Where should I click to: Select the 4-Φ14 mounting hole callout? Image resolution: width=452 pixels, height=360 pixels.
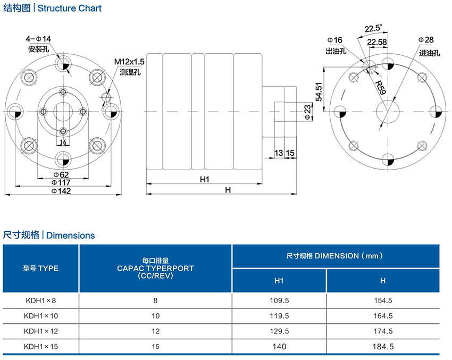coord(39,39)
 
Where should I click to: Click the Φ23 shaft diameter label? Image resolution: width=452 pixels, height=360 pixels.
coord(307,111)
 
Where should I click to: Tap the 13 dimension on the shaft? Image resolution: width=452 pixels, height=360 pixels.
coord(279,153)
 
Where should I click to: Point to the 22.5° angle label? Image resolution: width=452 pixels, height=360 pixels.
coord(373,28)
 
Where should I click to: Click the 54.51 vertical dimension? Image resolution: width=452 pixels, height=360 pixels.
coord(318,91)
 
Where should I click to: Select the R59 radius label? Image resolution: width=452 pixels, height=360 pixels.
coord(380,87)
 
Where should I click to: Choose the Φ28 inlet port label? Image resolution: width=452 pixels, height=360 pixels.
coord(426,40)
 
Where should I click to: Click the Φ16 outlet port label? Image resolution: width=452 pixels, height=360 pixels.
coord(334,40)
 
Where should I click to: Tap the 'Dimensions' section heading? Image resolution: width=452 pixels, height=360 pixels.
coord(71,235)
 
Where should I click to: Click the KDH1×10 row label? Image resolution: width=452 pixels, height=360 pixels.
coord(40,315)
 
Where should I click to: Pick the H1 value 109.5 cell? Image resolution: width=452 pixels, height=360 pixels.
coord(279,300)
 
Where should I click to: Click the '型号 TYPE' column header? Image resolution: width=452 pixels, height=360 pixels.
coord(41,268)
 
